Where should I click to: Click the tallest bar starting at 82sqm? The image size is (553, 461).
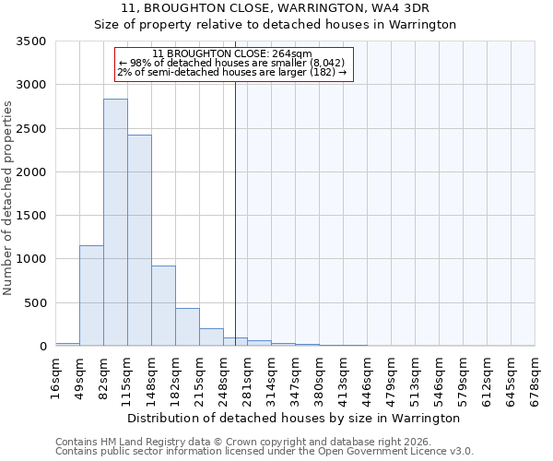pos(115,222)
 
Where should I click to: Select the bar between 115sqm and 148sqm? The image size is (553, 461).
pos(139,241)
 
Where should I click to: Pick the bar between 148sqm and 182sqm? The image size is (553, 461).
pos(163,306)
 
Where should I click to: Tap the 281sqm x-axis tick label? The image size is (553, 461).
pos(248,378)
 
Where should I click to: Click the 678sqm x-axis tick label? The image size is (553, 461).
pos(535,378)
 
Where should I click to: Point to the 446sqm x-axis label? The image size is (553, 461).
pos(368,378)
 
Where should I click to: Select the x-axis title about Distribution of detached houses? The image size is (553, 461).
pos(293,418)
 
